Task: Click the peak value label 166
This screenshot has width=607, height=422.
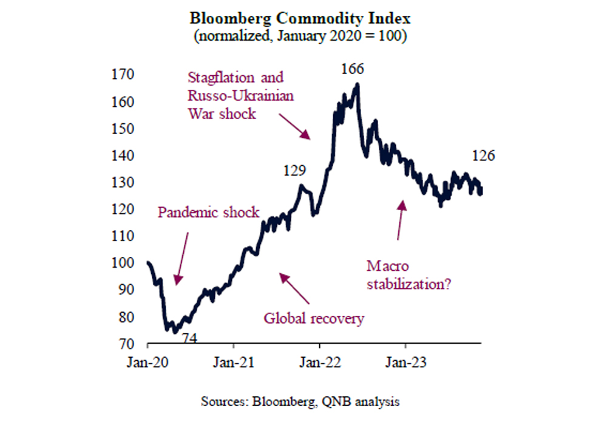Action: [x=353, y=69]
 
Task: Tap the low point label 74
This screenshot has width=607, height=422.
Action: [x=191, y=338]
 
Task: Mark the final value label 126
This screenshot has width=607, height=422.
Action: [x=484, y=156]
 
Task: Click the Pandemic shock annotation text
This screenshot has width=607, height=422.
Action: [x=208, y=213]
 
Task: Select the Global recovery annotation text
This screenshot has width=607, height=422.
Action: [x=313, y=318]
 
